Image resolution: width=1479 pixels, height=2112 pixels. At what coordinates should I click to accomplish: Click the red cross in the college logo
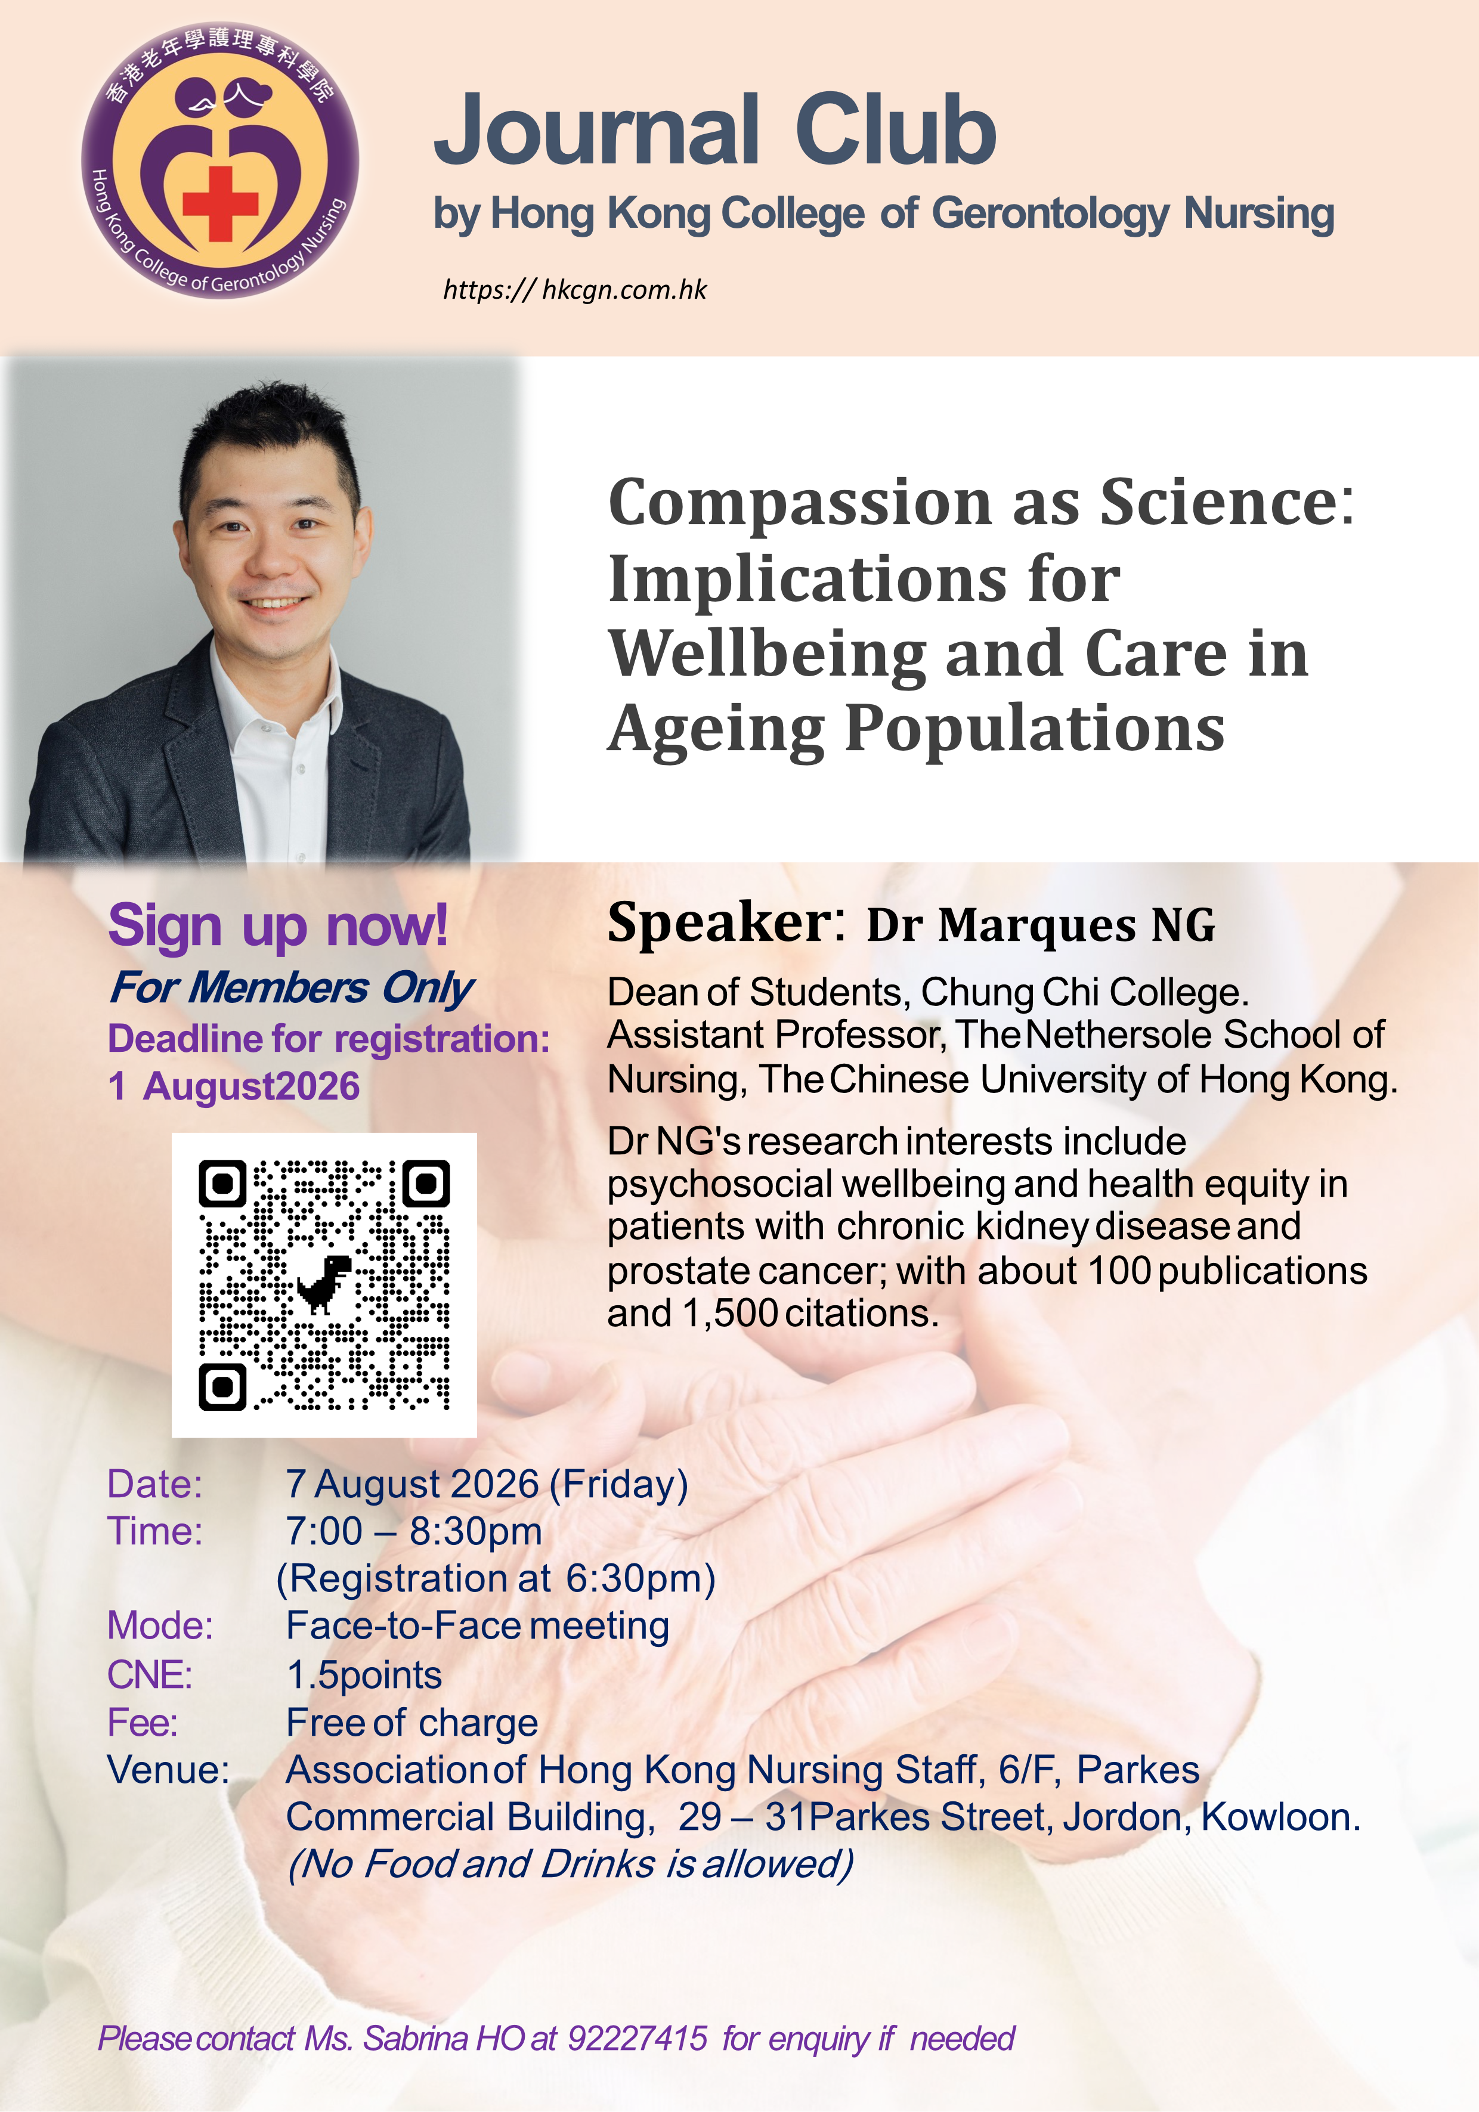(x=220, y=202)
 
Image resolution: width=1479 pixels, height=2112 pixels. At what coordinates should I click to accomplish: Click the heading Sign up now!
(x=278, y=925)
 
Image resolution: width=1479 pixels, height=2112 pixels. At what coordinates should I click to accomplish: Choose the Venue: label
(x=168, y=1770)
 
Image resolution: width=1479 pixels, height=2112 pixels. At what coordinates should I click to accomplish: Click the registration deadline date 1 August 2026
(x=234, y=1086)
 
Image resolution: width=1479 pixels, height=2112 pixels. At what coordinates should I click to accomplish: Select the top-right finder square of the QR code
(x=426, y=1183)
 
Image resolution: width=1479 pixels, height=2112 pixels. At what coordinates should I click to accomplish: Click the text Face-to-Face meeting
(x=477, y=1626)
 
